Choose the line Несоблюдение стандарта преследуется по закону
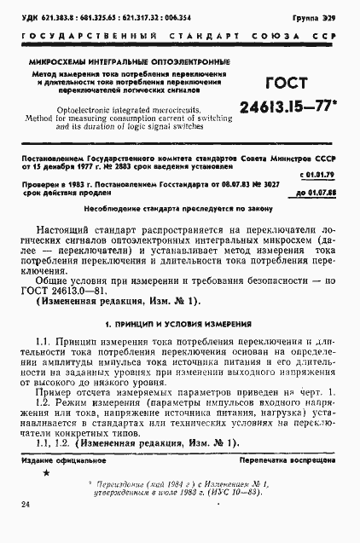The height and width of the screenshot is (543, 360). pyautogui.click(x=179, y=208)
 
